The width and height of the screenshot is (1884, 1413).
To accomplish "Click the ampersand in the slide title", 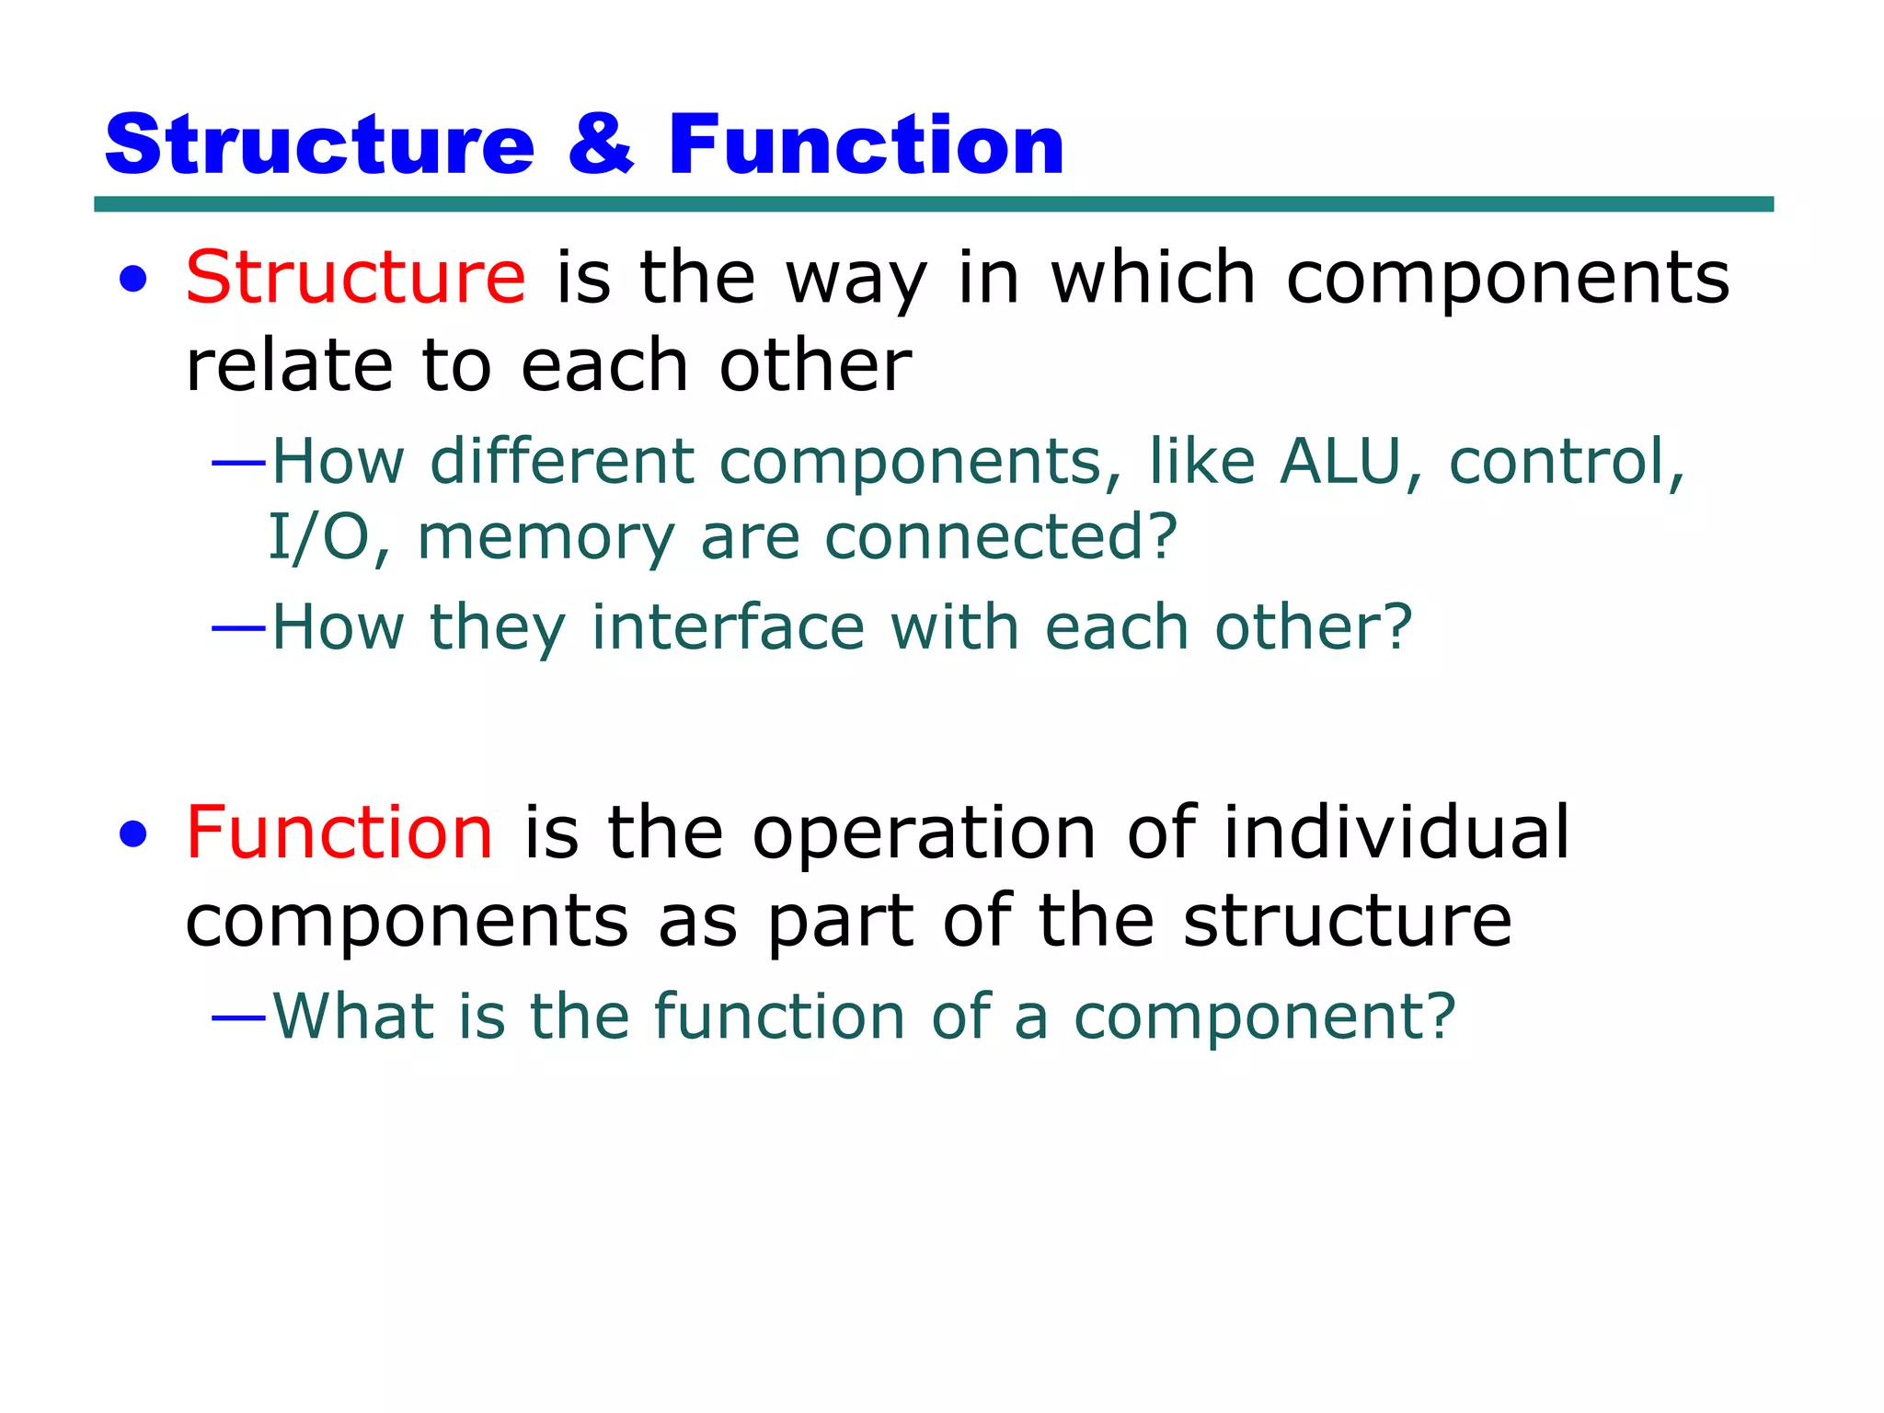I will click(x=601, y=145).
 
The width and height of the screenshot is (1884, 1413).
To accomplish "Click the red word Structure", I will click(x=355, y=278).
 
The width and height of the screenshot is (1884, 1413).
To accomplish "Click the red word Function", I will click(x=339, y=833).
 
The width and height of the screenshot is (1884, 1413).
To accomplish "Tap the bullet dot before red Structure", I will click(x=133, y=280).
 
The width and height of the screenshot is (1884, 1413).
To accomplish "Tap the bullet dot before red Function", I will click(x=133, y=834).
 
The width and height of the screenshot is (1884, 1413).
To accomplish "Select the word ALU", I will click(x=1339, y=462).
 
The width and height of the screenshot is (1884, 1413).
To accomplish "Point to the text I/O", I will click(x=318, y=538).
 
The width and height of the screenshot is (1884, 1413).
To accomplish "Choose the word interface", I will click(x=728, y=628).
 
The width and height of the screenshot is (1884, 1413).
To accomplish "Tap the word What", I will click(x=353, y=1017).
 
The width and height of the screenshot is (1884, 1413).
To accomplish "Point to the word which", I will click(x=1153, y=278).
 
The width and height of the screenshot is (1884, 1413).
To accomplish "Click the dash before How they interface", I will click(x=238, y=629).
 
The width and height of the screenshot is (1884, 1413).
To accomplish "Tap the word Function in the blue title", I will click(x=866, y=145).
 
